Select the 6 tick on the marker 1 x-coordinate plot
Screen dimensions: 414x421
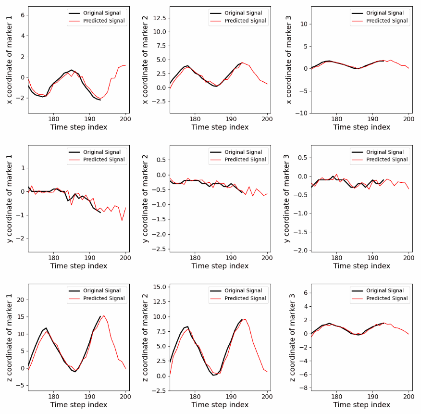[x=22, y=15]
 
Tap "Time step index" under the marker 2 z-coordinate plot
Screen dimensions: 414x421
[x=220, y=405]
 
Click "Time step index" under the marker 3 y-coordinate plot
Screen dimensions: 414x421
[x=361, y=266]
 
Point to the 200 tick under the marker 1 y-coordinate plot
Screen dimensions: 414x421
[x=125, y=257]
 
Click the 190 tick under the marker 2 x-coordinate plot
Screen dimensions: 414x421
[x=231, y=119]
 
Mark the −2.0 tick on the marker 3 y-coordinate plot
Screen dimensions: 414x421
[x=301, y=251]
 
